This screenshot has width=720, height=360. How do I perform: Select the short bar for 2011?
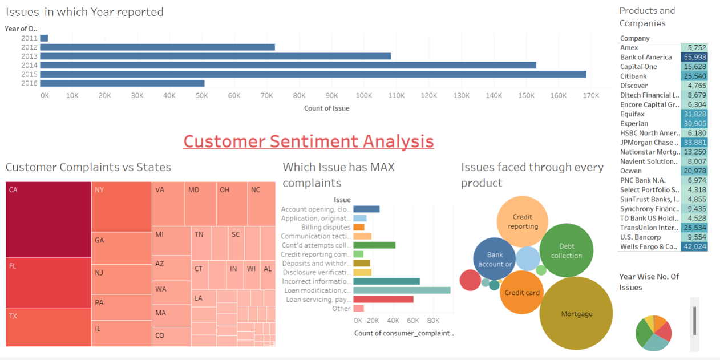click(44, 38)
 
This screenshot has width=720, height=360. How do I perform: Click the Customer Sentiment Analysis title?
click(308, 141)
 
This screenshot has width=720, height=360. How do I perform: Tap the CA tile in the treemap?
click(48, 220)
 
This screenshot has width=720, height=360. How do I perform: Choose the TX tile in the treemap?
click(48, 327)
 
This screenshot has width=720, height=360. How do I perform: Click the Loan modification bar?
click(402, 290)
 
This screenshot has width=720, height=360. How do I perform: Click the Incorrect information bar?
click(386, 281)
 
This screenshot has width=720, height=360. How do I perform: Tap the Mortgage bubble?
click(576, 313)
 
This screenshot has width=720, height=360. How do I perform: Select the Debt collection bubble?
click(567, 250)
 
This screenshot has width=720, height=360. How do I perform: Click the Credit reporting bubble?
click(522, 221)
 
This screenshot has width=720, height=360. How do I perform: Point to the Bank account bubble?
click(494, 260)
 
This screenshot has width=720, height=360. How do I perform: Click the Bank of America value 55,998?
click(694, 57)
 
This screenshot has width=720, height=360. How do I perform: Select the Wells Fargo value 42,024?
click(694, 246)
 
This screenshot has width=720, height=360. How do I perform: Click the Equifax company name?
click(632, 114)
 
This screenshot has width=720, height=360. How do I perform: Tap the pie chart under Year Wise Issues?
click(653, 333)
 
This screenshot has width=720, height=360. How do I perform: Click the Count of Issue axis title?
click(326, 108)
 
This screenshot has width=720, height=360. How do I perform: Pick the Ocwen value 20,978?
click(694, 171)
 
